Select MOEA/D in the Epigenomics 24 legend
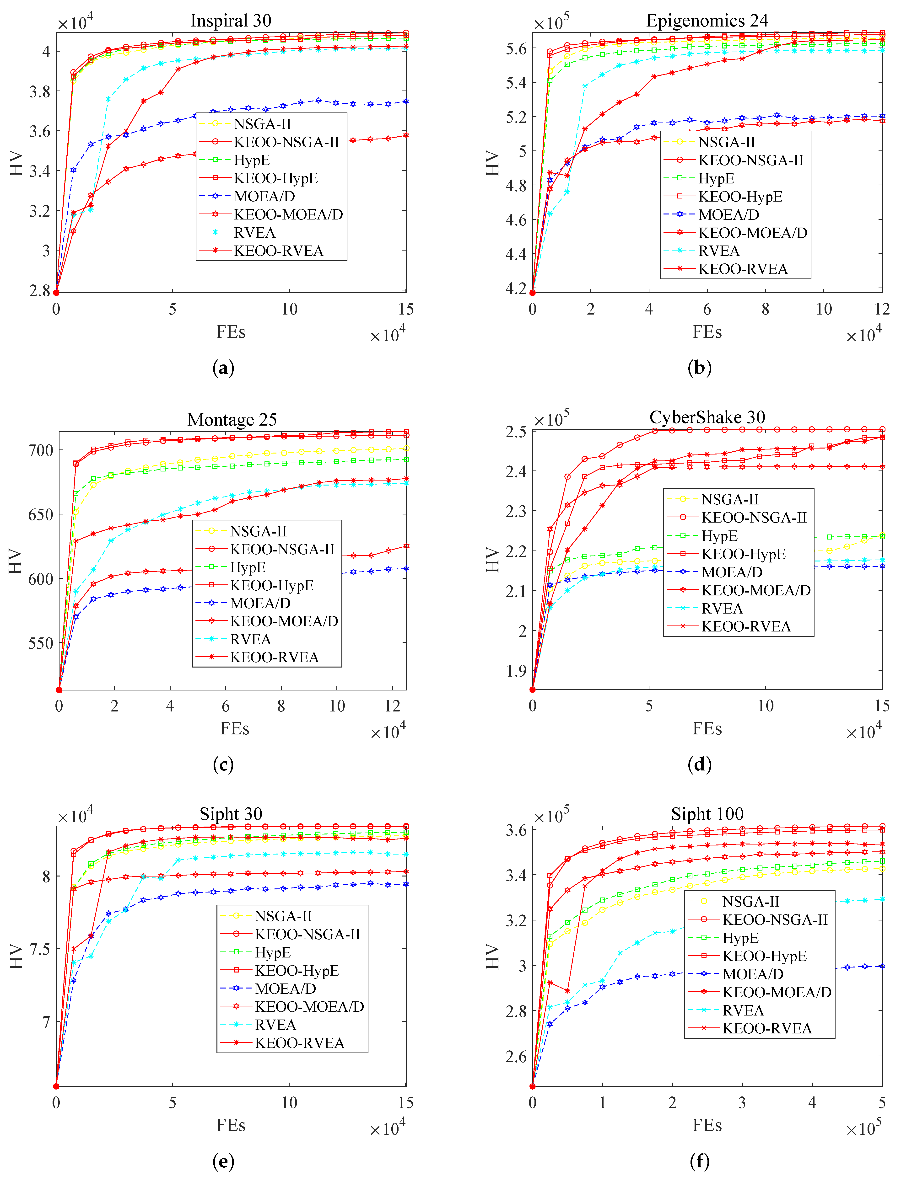pyautogui.click(x=728, y=214)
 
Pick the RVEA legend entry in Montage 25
pyautogui.click(x=250, y=639)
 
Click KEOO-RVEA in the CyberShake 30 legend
pyautogui.click(x=745, y=626)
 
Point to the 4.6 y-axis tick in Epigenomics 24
pyautogui.click(x=516, y=220)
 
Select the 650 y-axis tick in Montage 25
pyautogui.click(x=41, y=515)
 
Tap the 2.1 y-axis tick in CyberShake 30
pyautogui.click(x=516, y=591)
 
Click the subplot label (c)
pyautogui.click(x=223, y=764)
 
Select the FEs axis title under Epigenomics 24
pyautogui.click(x=707, y=332)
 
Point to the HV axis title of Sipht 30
pyautogui.click(x=16, y=957)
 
